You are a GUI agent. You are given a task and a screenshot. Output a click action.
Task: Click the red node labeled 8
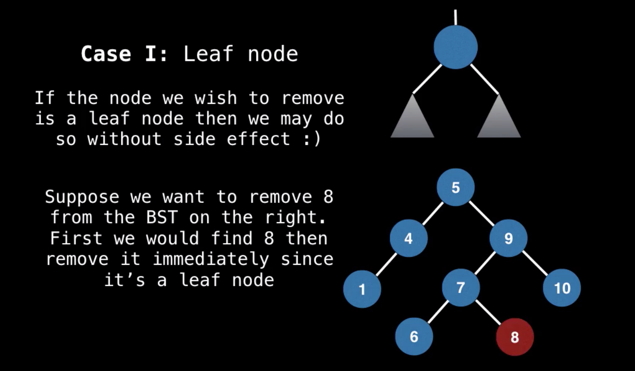pos(515,337)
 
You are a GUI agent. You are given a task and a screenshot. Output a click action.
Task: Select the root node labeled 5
pos(455,187)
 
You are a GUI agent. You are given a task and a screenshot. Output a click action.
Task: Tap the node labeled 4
pos(408,238)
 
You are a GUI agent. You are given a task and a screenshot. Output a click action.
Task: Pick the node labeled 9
pos(508,238)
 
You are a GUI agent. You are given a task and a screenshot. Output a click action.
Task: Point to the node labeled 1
pos(362,288)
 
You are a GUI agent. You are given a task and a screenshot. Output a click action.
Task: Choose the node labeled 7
pos(461,287)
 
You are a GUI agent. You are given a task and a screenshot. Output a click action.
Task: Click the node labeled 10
pos(562,287)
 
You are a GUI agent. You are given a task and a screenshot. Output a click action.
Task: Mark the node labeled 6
pos(414,337)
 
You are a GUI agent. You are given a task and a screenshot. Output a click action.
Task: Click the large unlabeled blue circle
pos(455,47)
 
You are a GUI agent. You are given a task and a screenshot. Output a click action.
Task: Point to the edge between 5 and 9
pos(482,213)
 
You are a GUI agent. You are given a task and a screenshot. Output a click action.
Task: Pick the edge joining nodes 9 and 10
pos(535,263)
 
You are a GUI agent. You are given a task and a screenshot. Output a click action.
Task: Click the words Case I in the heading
pos(124,54)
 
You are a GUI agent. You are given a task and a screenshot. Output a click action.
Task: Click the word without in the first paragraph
pos(124,139)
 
